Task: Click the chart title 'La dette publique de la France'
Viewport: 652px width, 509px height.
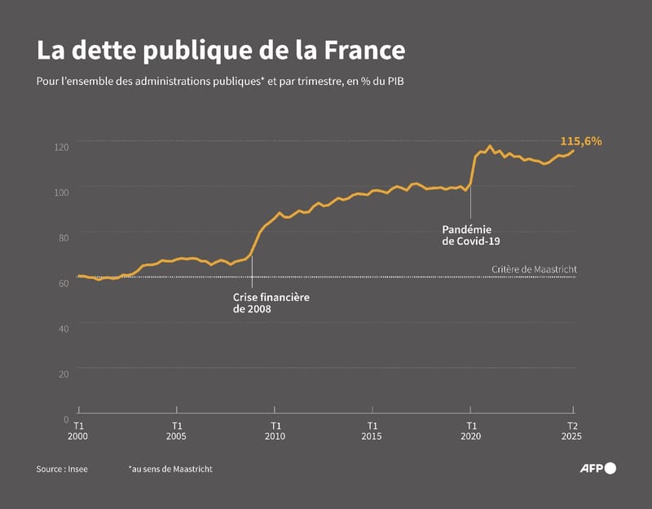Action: coord(220,51)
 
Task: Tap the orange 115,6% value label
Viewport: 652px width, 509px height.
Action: coord(580,141)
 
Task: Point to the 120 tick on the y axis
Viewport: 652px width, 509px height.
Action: coord(62,146)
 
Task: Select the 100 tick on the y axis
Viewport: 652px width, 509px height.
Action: coord(62,192)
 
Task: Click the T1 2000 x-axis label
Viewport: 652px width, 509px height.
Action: coord(79,431)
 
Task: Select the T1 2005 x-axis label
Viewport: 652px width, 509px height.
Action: coord(177,431)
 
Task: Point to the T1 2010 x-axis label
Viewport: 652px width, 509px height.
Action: coord(275,431)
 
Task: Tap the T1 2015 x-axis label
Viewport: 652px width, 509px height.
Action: coord(372,431)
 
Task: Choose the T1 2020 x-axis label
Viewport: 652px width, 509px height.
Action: coord(471,431)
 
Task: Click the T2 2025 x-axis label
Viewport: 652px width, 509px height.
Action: coord(573,431)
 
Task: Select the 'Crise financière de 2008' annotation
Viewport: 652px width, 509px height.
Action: coord(271,303)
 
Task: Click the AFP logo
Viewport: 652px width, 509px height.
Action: coord(597,468)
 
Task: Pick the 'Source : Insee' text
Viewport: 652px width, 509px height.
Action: coord(62,469)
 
